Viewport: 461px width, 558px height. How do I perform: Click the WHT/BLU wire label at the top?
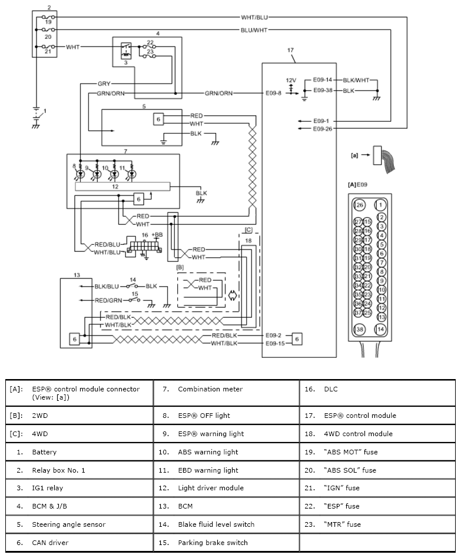(254, 17)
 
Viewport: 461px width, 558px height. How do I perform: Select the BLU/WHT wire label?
(254, 30)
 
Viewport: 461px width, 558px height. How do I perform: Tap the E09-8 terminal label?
(273, 93)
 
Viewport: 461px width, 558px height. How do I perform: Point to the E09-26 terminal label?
(323, 129)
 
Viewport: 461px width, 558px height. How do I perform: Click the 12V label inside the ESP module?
(291, 81)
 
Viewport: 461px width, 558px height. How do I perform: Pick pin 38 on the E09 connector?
(360, 329)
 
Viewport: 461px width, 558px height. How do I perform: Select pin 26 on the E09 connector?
(360, 205)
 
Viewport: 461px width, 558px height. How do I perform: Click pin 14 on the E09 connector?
(380, 329)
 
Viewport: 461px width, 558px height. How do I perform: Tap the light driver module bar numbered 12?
(122, 187)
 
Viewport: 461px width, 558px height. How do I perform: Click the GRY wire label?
(104, 84)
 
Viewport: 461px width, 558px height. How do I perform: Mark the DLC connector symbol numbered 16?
(145, 246)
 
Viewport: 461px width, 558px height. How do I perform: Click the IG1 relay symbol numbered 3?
(125, 51)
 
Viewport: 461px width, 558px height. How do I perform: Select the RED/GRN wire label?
(108, 300)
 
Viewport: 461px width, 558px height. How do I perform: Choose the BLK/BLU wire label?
(107, 287)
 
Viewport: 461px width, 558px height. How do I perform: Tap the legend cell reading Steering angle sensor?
(69, 524)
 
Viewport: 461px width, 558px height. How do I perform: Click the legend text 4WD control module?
(358, 434)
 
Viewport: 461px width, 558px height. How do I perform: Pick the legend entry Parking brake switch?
(213, 543)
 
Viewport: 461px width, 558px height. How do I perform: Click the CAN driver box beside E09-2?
(297, 339)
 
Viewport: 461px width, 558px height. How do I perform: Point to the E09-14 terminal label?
(323, 80)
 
